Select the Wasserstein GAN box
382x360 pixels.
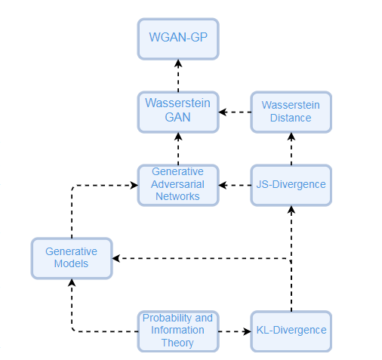[178, 112]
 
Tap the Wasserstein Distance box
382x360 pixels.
[291, 112]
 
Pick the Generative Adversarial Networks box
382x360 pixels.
[178, 184]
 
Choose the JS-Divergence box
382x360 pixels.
[291, 184]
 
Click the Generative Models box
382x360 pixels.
[72, 258]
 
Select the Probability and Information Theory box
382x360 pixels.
[178, 331]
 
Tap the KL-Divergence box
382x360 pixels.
[291, 331]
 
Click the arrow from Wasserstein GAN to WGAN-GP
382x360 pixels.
[178, 75]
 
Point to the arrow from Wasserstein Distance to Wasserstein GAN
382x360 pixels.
[236, 112]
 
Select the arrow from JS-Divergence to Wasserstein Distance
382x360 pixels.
[291, 148]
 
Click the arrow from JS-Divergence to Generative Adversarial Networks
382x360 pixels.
[236, 184]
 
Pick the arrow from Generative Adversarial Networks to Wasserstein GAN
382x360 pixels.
[178, 148]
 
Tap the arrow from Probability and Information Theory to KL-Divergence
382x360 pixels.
[236, 331]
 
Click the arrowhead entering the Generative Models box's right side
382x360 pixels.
[117, 259]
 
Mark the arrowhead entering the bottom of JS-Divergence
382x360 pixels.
[291, 209]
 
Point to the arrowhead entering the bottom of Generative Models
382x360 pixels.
[72, 283]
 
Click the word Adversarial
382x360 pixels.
[178, 184]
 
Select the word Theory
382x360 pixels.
[178, 343]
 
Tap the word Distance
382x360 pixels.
[291, 118]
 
